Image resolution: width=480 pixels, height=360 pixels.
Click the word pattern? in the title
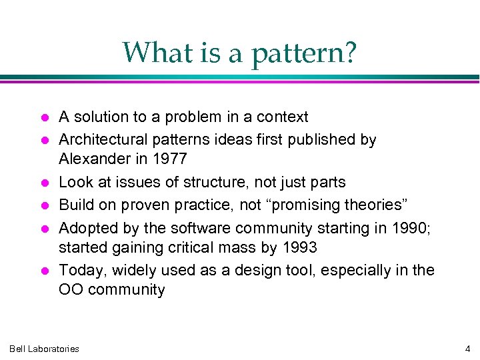pyautogui.click(x=304, y=53)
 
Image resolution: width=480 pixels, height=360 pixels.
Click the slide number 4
pyautogui.click(x=467, y=348)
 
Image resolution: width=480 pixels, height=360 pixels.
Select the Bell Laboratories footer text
pyautogui.click(x=44, y=348)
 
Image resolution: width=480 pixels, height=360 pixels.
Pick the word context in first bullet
pyautogui.click(x=283, y=117)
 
